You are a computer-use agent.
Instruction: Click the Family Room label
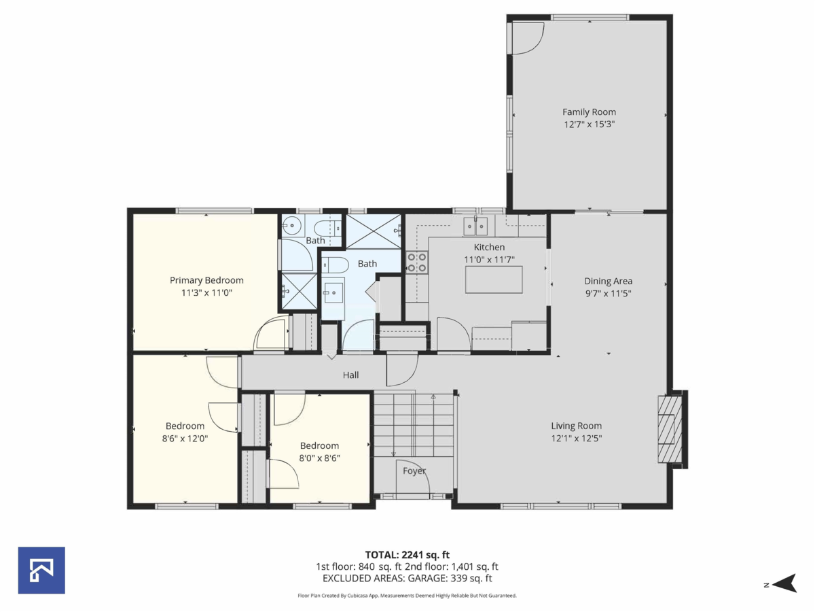589,112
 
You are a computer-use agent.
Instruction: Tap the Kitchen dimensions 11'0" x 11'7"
489,260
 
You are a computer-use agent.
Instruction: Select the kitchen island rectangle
494,279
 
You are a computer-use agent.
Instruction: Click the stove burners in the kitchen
417,262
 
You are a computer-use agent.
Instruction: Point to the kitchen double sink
475,224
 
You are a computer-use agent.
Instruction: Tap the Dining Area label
608,281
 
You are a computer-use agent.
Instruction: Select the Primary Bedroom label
206,280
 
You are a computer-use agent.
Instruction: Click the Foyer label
414,471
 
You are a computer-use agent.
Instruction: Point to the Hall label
350,375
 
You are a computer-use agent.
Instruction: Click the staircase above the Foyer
414,424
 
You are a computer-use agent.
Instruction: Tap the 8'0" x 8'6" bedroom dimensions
320,458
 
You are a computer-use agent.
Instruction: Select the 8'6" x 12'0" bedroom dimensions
185,439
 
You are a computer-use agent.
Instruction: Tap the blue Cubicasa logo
41,570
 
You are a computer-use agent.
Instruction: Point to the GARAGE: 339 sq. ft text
450,579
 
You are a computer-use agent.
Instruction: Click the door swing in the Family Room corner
528,37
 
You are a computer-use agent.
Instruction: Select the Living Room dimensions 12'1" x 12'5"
576,439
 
